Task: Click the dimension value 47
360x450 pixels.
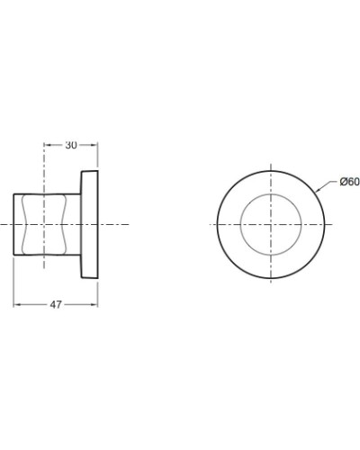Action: tap(56, 305)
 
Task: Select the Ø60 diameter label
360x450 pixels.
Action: tap(349, 182)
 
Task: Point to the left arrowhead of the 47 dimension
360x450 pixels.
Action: tap(15, 305)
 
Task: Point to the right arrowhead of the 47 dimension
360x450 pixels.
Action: tap(95, 305)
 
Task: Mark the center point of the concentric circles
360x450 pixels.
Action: tap(269, 223)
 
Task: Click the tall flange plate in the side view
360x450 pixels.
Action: tap(89, 223)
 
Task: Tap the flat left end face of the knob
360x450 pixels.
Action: tap(13, 223)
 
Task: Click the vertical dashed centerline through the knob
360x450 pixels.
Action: tap(44, 270)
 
